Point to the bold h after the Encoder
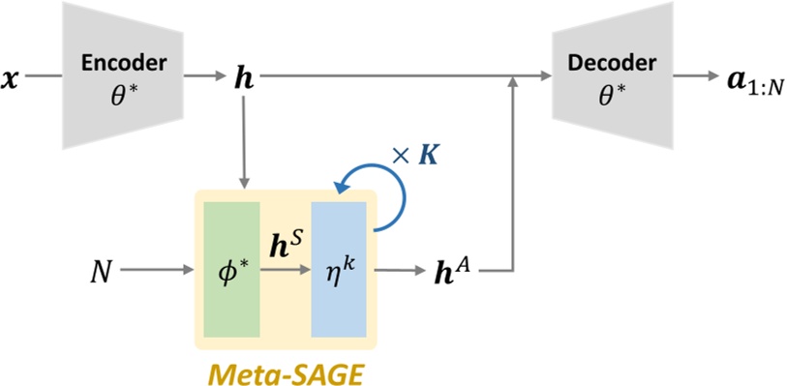(245, 75)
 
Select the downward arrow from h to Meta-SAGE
(245, 135)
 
